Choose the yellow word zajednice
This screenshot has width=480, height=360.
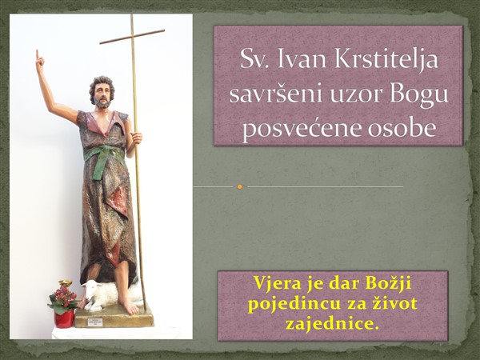click(332, 323)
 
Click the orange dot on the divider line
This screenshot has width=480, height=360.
click(240, 186)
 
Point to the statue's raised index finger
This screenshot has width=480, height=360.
click(38, 54)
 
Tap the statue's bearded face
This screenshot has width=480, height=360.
click(102, 94)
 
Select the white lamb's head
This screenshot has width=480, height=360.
click(90, 290)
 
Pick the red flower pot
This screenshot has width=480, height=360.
click(64, 318)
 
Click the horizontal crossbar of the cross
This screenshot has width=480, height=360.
click(132, 37)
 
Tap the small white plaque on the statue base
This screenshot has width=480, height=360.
click(94, 322)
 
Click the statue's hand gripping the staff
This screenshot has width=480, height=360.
click(136, 138)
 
